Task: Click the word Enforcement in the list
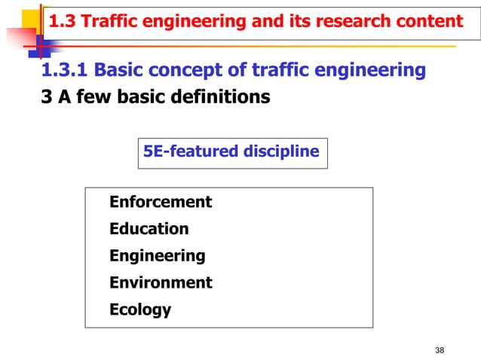pyautogui.click(x=161, y=202)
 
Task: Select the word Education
pyautogui.click(x=149, y=229)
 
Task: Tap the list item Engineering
pyautogui.click(x=157, y=256)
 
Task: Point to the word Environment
pyautogui.click(x=161, y=283)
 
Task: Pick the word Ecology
pyautogui.click(x=140, y=310)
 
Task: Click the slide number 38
pyautogui.click(x=441, y=349)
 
